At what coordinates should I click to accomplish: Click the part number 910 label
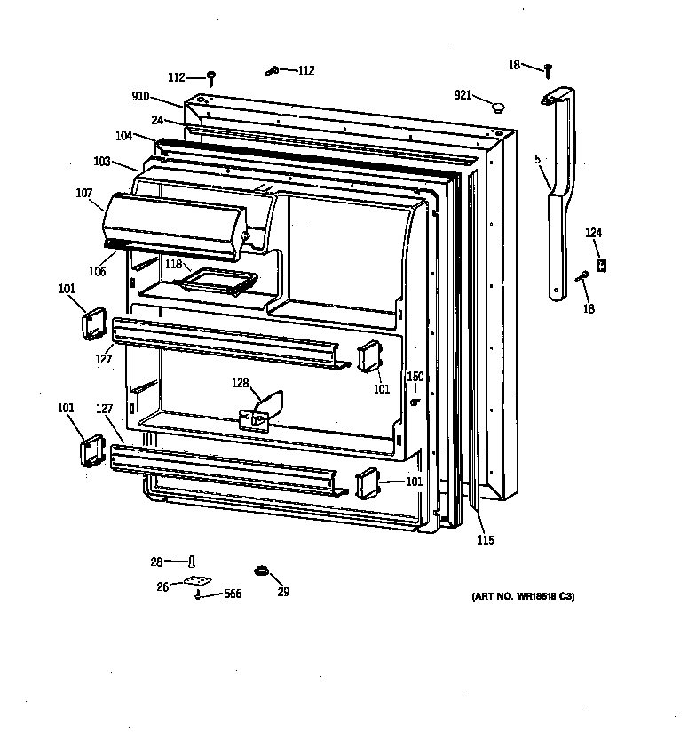pyautogui.click(x=140, y=96)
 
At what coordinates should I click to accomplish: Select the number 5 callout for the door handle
pyautogui.click(x=537, y=159)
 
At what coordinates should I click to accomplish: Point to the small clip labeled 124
pyautogui.click(x=602, y=266)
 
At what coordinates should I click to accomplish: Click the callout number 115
pyautogui.click(x=486, y=540)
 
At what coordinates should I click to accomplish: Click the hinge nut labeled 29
pyautogui.click(x=261, y=570)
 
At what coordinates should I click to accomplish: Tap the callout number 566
pyautogui.click(x=233, y=594)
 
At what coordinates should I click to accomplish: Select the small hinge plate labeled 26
pyautogui.click(x=198, y=580)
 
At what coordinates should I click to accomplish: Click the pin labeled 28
pyautogui.click(x=192, y=561)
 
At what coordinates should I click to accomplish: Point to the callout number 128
pyautogui.click(x=240, y=383)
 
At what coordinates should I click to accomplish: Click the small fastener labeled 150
pyautogui.click(x=414, y=402)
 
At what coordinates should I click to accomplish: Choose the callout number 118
pyautogui.click(x=173, y=264)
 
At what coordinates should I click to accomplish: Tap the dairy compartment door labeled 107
pyautogui.click(x=174, y=226)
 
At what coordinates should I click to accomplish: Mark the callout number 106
pyautogui.click(x=97, y=271)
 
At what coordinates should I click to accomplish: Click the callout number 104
pyautogui.click(x=123, y=136)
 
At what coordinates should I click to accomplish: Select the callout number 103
pyautogui.click(x=102, y=162)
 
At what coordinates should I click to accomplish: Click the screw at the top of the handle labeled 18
pyautogui.click(x=549, y=70)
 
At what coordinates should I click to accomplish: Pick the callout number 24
pyautogui.click(x=157, y=121)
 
